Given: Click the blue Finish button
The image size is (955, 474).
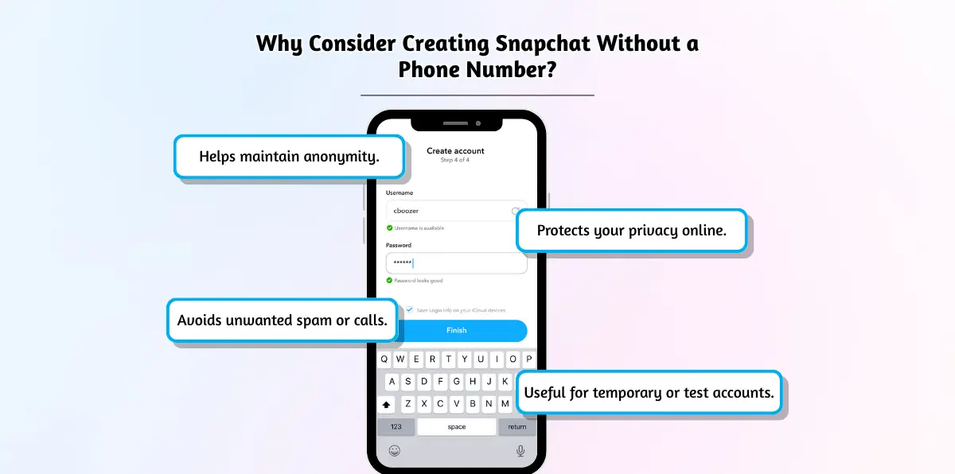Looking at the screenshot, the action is click(x=462, y=331).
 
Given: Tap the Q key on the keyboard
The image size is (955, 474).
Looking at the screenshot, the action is click(x=384, y=359).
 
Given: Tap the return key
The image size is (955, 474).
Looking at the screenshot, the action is click(x=516, y=427).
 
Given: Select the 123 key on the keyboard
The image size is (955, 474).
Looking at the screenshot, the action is click(x=396, y=427).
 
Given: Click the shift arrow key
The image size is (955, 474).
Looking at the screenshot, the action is click(x=386, y=405).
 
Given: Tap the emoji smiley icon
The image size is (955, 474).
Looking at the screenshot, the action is click(x=395, y=451).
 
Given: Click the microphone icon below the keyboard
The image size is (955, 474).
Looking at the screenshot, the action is click(x=520, y=451).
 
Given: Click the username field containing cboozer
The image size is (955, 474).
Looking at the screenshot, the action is click(x=452, y=211).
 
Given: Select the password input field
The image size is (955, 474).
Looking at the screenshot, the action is click(x=457, y=263).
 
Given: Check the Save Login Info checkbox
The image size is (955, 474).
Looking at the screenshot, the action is click(x=409, y=309).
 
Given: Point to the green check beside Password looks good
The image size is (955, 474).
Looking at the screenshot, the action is click(x=389, y=280).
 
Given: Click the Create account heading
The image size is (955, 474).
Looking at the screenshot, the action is click(x=455, y=151).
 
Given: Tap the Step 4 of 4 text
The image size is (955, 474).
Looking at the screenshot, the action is click(x=455, y=160).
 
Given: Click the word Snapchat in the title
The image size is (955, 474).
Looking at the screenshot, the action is click(x=543, y=44).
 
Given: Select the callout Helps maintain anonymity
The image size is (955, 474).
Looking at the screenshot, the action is click(x=290, y=157).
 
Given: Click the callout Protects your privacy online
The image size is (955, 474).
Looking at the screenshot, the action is click(x=631, y=231).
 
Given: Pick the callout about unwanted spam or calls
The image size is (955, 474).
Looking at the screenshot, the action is click(x=283, y=321).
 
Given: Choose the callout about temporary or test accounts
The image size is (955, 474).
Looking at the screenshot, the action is click(x=649, y=392).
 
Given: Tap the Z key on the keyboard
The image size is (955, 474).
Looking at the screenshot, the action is click(x=408, y=404).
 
